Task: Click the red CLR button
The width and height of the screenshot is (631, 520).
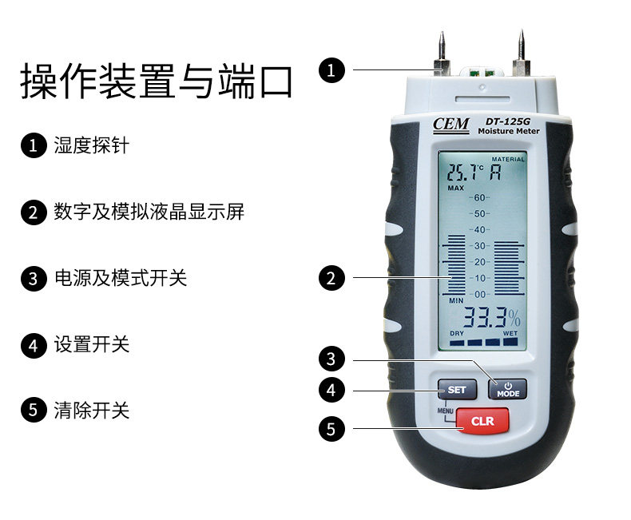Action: click(x=482, y=421)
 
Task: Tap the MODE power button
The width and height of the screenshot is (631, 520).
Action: click(x=507, y=389)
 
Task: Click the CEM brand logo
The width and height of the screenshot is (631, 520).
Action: click(x=450, y=125)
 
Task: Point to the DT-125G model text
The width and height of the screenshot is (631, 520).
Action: click(x=507, y=121)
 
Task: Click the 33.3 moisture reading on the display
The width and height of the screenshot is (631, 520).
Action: click(x=485, y=318)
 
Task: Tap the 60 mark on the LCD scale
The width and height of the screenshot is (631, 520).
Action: click(x=479, y=197)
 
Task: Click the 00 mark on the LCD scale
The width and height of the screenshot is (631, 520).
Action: click(x=479, y=294)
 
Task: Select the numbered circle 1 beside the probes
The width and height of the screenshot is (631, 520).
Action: click(x=331, y=70)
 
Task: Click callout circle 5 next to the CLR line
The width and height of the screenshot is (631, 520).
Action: click(x=331, y=429)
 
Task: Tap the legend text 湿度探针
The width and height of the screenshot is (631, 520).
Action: click(x=91, y=145)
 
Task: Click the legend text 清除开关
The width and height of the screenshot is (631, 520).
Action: click(x=91, y=410)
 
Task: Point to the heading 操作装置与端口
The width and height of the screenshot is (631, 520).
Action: click(x=157, y=81)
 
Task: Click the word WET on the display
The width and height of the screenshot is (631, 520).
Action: click(x=510, y=333)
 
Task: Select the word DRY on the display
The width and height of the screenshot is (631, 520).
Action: click(x=457, y=333)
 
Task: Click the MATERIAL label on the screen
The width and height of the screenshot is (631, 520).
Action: click(x=508, y=160)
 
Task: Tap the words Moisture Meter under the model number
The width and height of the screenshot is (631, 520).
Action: click(x=509, y=131)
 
